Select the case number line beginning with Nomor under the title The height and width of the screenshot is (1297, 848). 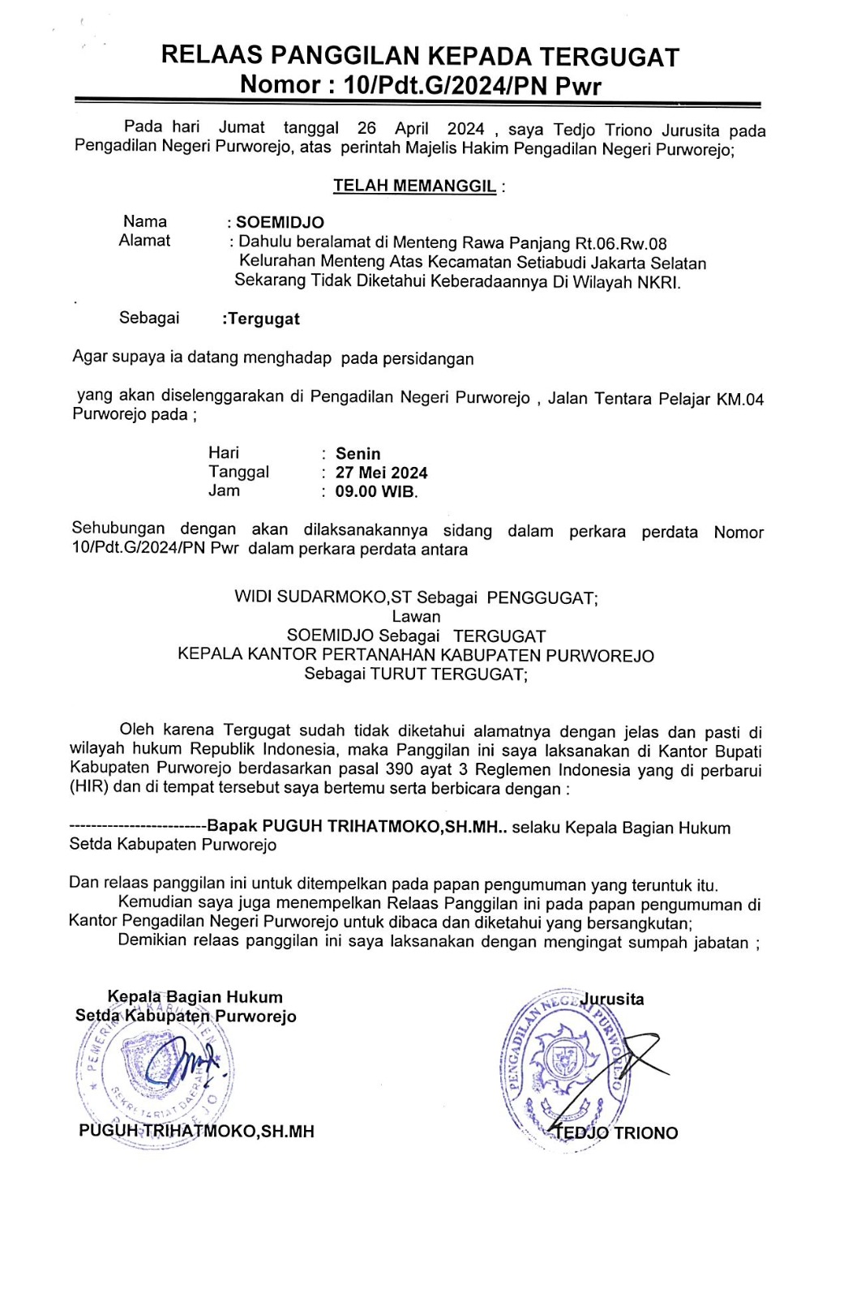point(421,85)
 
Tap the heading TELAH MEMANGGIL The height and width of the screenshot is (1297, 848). point(414,186)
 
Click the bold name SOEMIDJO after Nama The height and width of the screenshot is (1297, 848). point(280,223)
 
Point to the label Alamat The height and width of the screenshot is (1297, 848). point(144,241)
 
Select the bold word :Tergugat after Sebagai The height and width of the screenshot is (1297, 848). point(260,319)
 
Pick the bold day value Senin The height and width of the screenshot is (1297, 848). point(358,454)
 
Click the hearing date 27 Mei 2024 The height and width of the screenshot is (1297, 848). point(381,473)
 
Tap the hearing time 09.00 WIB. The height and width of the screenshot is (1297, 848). point(376,491)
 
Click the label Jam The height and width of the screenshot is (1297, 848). point(224,490)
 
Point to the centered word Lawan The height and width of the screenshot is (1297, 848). point(416,617)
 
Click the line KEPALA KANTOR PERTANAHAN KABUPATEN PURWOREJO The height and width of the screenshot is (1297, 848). point(416,655)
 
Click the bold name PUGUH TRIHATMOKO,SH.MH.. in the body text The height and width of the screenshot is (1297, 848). point(358,827)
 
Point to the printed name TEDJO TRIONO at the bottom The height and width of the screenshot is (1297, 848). point(616,1133)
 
